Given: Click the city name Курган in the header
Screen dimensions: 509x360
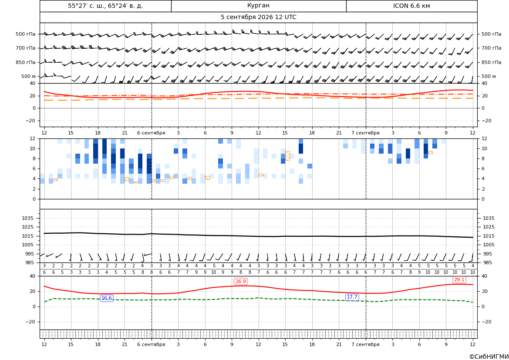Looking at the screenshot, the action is click(x=258, y=6).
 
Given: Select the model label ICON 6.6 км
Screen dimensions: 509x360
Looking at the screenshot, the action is click(x=411, y=6).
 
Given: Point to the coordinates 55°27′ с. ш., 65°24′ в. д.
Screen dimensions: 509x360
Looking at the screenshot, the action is click(x=105, y=6).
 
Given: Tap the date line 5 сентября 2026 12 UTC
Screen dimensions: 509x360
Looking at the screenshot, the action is click(x=258, y=17).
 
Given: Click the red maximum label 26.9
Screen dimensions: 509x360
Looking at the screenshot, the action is click(x=240, y=281).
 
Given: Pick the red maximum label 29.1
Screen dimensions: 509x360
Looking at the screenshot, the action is click(x=459, y=279).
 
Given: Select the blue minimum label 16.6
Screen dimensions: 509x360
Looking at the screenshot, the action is click(x=107, y=298).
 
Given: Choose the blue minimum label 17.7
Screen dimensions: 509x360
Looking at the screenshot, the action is click(x=352, y=297).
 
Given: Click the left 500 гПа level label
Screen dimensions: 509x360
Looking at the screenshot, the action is click(x=26, y=34).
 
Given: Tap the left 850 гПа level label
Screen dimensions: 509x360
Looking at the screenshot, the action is click(x=26, y=62).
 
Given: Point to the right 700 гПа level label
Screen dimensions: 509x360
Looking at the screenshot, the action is click(x=491, y=48).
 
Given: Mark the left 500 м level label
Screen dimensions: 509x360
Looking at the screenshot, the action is click(x=29, y=76).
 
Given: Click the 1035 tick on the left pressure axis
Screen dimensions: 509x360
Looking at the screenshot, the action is click(x=26, y=218).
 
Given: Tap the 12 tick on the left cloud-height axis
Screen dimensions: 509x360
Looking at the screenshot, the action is click(x=33, y=138).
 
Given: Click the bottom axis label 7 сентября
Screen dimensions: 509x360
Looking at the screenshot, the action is click(x=365, y=344).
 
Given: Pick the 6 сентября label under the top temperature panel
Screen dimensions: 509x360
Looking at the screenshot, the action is click(x=151, y=133).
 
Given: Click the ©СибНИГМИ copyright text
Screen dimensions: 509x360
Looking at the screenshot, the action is click(x=489, y=357).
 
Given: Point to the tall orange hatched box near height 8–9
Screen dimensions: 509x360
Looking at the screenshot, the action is click(x=288, y=156).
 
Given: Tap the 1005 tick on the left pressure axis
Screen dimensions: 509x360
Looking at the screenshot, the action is click(x=26, y=245).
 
